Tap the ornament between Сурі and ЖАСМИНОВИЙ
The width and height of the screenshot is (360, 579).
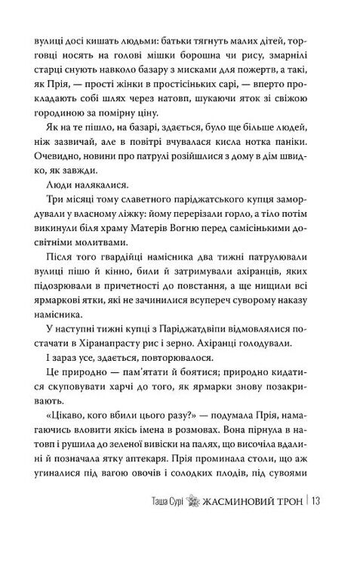tap(195, 541)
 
